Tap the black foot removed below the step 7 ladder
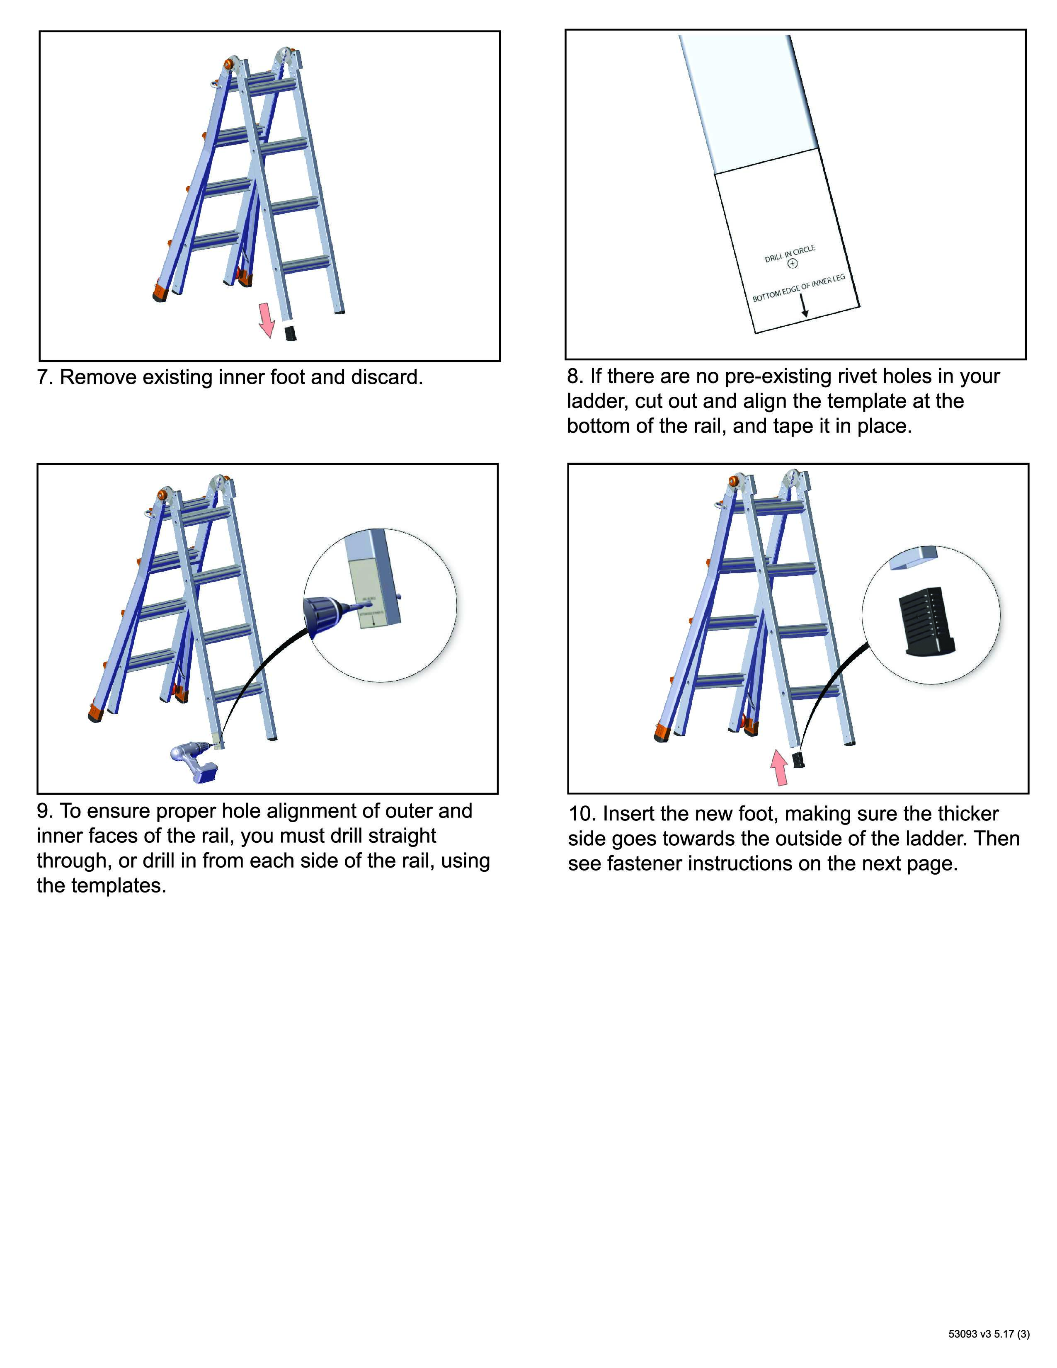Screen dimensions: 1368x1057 pyautogui.click(x=290, y=332)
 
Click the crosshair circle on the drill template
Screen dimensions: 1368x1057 pyautogui.click(x=793, y=264)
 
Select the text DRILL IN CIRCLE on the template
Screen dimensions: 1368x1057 pyautogui.click(x=790, y=254)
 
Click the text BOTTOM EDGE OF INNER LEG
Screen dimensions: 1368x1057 pyautogui.click(x=798, y=288)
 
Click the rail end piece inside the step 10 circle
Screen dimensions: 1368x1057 pyautogui.click(x=914, y=558)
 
